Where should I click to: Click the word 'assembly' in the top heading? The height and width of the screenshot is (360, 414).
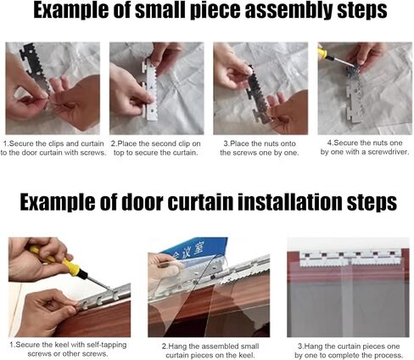tap(286, 11)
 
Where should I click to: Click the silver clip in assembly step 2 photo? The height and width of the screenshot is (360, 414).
tap(150, 91)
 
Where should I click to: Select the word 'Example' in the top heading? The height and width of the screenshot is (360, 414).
tap(70, 11)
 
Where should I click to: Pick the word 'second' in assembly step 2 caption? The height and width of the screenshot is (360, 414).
tap(165, 143)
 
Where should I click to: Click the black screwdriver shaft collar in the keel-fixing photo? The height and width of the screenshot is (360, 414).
tap(82, 273)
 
